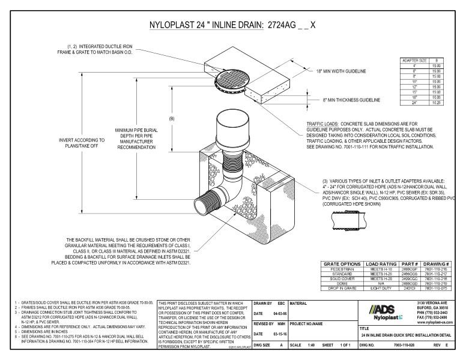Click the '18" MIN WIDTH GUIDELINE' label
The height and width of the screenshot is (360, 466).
click(x=340, y=71)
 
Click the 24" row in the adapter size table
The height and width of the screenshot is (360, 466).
click(x=413, y=104)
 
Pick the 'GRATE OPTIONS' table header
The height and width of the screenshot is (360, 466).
click(x=340, y=263)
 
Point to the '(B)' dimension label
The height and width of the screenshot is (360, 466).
click(x=171, y=119)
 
